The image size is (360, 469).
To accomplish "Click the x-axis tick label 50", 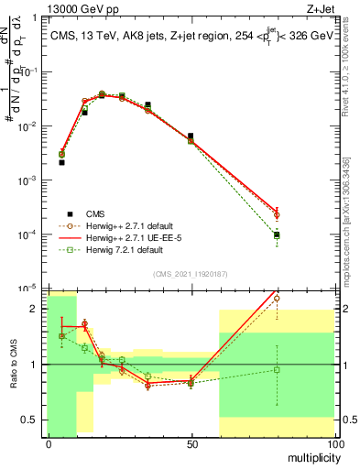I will click(191, 443).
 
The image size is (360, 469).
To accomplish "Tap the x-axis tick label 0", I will click(48, 443).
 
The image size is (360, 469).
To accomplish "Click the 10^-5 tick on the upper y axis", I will click(29, 289).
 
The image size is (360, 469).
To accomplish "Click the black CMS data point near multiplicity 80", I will click(277, 235).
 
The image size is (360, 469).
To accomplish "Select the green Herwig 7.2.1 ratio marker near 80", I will click(277, 370).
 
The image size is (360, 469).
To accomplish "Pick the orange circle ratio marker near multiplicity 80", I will click(277, 299).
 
